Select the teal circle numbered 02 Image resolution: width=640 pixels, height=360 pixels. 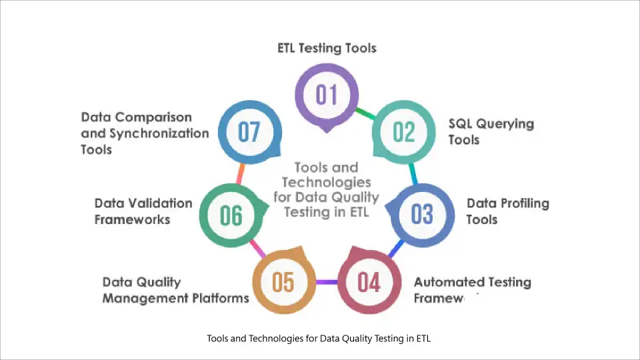(x=403, y=132)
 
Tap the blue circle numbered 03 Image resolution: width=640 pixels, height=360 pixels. (x=421, y=215)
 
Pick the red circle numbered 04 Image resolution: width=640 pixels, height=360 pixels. (x=369, y=282)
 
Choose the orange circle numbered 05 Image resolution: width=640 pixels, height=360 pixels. (x=283, y=282)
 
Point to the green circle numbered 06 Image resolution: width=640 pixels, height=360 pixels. (x=231, y=215)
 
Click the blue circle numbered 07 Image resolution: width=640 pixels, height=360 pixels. (x=249, y=132)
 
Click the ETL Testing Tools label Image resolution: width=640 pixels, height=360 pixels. (x=327, y=48)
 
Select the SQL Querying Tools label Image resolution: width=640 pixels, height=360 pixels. (x=491, y=131)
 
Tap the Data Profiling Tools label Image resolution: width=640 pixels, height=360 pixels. (x=507, y=211)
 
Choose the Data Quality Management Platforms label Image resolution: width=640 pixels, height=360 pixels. (x=175, y=290)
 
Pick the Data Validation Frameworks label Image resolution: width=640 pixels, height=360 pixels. (x=143, y=211)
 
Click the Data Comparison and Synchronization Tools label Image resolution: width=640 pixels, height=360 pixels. (x=145, y=133)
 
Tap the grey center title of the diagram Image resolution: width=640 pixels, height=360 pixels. (x=326, y=189)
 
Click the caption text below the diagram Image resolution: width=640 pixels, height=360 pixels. (x=319, y=339)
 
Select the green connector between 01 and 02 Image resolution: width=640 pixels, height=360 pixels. (x=364, y=113)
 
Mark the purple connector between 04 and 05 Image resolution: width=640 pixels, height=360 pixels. (x=326, y=283)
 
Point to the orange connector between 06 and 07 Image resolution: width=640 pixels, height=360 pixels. (x=239, y=173)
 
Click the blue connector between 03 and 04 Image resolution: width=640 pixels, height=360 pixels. (x=396, y=249)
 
